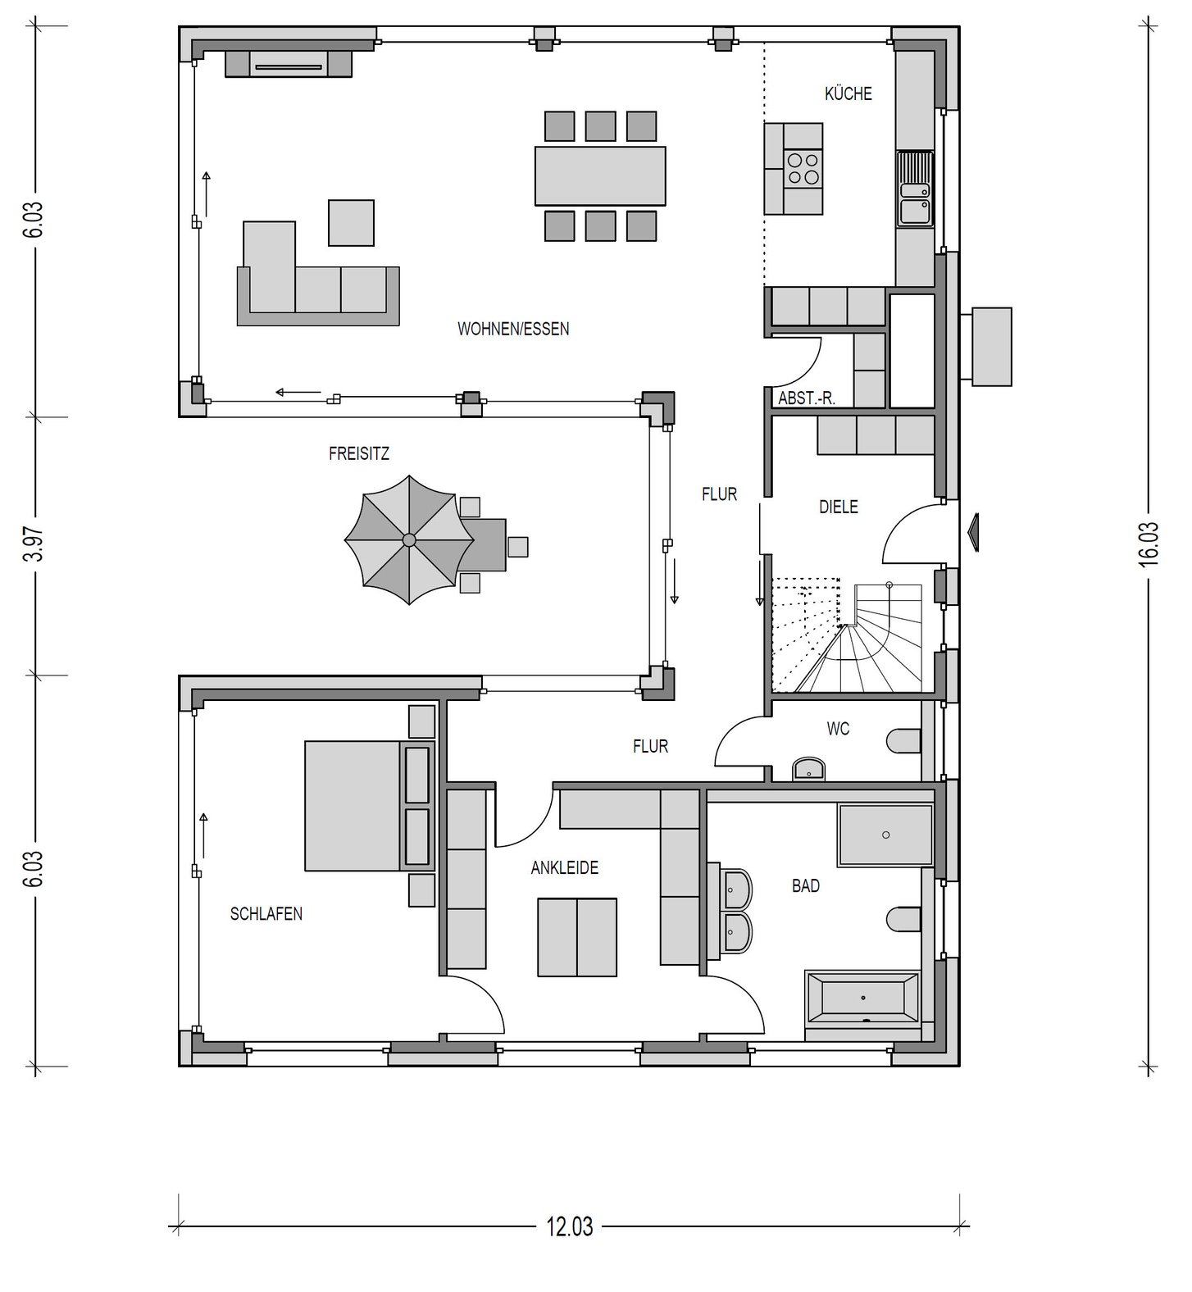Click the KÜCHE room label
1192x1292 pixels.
point(848,93)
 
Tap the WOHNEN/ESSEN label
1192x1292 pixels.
point(513,330)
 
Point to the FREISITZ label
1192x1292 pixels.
point(359,453)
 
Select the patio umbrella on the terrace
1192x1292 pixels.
point(408,539)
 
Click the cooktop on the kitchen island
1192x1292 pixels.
point(803,169)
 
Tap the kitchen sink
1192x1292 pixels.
point(915,188)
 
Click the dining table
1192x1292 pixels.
point(600,175)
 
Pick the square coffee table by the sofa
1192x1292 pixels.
point(351,222)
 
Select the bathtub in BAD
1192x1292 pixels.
point(862,998)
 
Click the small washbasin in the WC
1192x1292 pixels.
point(809,769)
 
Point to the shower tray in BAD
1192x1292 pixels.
point(885,835)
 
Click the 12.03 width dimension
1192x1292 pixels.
point(570,1226)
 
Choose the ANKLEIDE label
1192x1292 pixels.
point(564,867)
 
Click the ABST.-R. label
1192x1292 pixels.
point(807,398)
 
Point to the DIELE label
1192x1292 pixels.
point(839,507)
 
